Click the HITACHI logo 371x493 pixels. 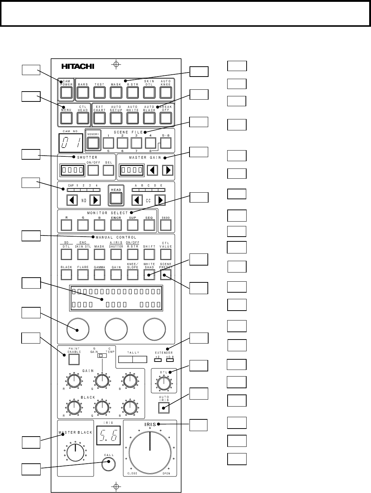[x=77, y=66]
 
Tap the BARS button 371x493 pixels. [x=83, y=92]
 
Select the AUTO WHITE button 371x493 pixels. [x=132, y=118]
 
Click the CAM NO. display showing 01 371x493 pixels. [x=71, y=142]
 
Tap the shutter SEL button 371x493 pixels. [x=108, y=170]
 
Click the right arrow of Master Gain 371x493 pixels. [x=168, y=170]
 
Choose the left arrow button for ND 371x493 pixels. [x=72, y=200]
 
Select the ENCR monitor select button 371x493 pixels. [x=116, y=225]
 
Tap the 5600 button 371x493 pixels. [x=166, y=225]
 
